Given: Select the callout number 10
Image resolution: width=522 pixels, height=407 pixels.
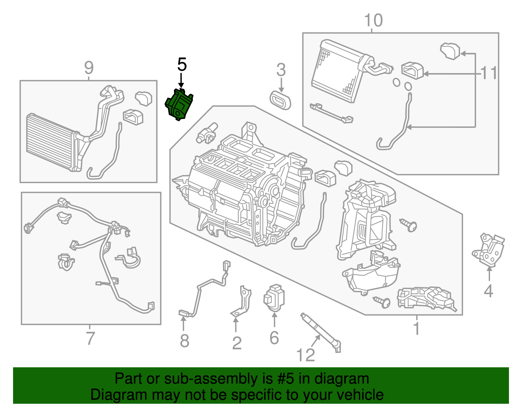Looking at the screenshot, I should tap(373, 21).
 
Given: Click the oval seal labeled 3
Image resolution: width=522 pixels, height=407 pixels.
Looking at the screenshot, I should tap(280, 100).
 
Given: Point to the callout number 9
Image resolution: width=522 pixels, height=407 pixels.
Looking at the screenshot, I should tap(89, 68).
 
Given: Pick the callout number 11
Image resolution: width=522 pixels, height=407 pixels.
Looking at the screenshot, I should tap(489, 73).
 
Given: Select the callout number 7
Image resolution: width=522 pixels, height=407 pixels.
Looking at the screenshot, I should tap(90, 338).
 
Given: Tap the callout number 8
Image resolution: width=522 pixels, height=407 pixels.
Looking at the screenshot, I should tap(184, 341).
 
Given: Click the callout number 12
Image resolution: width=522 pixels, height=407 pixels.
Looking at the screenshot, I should tap(306, 355).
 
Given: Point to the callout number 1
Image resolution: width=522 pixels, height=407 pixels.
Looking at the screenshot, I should tap(416, 328).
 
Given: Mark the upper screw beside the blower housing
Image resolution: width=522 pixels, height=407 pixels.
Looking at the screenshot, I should tap(409, 225).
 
